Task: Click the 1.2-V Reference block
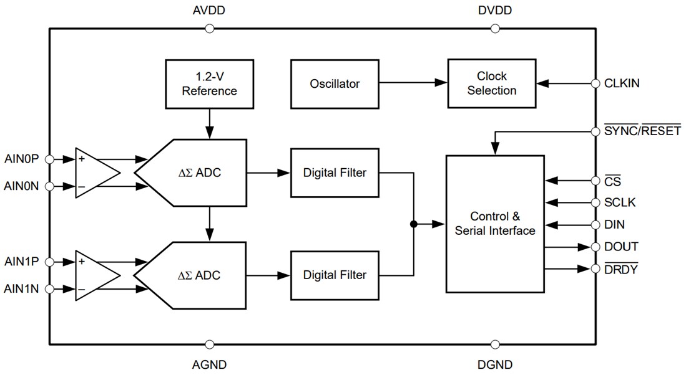pos(209,83)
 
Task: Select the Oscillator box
pos(335,83)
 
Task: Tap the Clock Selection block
pos(492,83)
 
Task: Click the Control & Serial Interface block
pos(495,224)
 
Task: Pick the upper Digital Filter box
pos(335,173)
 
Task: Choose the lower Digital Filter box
pos(335,275)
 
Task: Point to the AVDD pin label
pos(209,11)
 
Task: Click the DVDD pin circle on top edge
pos(495,28)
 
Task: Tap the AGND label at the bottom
pos(209,364)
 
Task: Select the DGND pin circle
pos(495,344)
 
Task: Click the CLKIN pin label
pos(622,83)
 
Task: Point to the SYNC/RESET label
pos(642,131)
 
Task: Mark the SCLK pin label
pos(619,202)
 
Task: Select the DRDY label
pos(620,269)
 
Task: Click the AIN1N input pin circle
pos(50,289)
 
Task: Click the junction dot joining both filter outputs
pos(413,224)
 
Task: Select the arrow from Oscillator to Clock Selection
pos(413,83)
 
